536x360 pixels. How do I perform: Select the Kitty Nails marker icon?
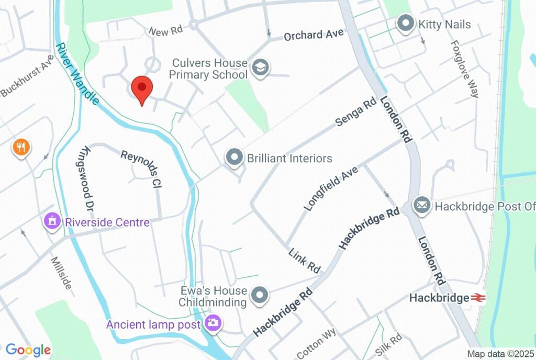coord(405,24)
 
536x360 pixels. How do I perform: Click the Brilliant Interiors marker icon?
coord(234,157)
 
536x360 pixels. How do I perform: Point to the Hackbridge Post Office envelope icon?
coord(422,205)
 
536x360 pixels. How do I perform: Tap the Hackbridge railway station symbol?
coord(477,298)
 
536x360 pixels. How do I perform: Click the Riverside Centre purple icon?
coord(52,221)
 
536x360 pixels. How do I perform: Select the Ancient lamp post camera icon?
coord(213,323)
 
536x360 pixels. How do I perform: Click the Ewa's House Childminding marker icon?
coord(260,296)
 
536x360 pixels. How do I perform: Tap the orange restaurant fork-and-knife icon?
coord(21,147)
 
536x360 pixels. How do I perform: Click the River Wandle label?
coord(76,74)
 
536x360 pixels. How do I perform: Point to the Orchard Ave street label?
coord(314,35)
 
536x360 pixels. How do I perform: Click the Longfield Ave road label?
coord(331,189)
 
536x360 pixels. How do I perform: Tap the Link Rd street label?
coord(304,261)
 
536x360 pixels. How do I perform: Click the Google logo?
coord(28,350)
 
